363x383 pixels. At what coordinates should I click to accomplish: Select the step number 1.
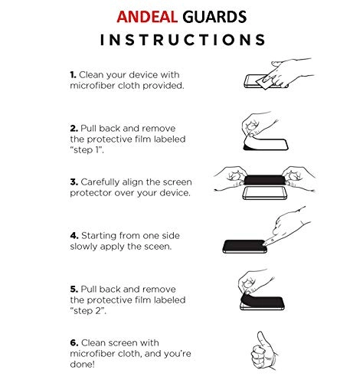click(x=72, y=76)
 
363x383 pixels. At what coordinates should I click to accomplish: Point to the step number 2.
click(x=72, y=128)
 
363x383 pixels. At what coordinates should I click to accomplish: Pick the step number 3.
click(x=72, y=182)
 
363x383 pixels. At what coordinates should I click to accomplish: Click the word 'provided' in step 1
click(x=165, y=87)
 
